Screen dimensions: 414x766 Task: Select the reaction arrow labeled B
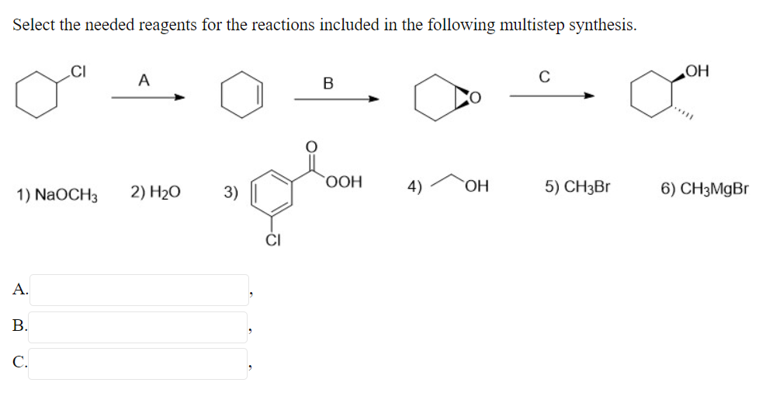click(x=335, y=99)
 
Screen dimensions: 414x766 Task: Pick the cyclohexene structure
click(x=241, y=98)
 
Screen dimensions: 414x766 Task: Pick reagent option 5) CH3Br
click(x=577, y=188)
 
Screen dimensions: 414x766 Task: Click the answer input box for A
click(x=139, y=290)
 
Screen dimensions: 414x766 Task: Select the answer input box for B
click(x=139, y=327)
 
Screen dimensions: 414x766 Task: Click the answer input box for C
click(x=139, y=364)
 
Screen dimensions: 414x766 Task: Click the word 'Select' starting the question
click(x=33, y=24)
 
